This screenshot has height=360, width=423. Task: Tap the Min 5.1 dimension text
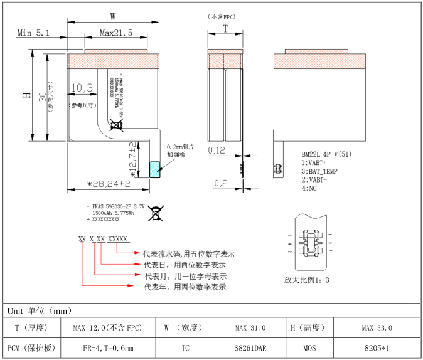click(33, 33)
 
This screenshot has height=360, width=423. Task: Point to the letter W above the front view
click(113, 16)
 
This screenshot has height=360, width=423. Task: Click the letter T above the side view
click(225, 29)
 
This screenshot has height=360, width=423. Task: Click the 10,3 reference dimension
click(82, 87)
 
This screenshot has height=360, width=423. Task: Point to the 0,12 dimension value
click(217, 151)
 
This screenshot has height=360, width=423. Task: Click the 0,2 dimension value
click(220, 183)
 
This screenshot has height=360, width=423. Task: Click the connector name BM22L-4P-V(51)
click(326, 154)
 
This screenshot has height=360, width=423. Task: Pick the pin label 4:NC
click(309, 188)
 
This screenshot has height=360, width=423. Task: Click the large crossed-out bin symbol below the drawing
click(156, 213)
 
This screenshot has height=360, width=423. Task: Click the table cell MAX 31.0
click(250, 328)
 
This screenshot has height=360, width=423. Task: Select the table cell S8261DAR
click(250, 347)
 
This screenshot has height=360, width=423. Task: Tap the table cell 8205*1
click(377, 347)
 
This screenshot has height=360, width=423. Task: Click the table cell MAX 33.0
click(377, 328)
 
